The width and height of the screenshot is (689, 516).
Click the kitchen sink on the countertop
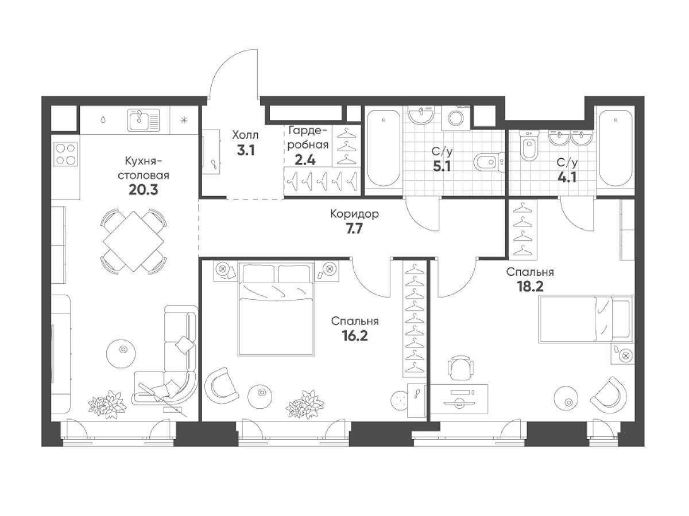point(144,120)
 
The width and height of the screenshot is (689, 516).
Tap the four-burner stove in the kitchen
point(66,154)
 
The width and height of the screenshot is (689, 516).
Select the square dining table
point(133,241)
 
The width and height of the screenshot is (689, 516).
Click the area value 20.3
point(143,190)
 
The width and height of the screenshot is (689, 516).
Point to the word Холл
point(246,135)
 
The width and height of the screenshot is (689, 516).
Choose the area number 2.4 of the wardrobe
point(305,160)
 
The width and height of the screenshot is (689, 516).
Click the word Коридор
point(354,214)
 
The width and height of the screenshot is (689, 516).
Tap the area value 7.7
point(354,229)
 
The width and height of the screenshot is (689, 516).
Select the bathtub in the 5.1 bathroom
point(384,148)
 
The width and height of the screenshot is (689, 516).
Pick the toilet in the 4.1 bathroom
point(529,146)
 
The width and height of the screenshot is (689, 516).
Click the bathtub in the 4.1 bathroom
point(616,148)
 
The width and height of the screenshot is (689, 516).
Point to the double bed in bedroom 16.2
point(276,308)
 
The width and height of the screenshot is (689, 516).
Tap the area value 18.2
point(530,286)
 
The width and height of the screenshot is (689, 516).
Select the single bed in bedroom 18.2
point(586,319)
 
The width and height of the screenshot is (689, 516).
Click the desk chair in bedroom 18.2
point(460,368)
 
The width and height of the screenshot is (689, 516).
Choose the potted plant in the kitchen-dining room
point(107,404)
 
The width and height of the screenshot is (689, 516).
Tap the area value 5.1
point(442,167)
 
